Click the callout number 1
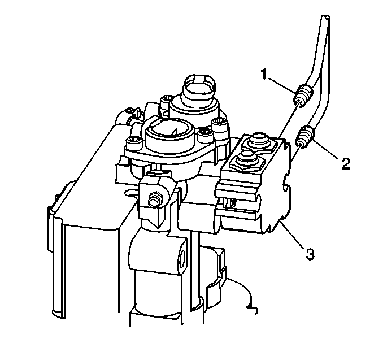264,74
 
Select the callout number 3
310,254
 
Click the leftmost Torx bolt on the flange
133,142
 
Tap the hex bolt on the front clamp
154,198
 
